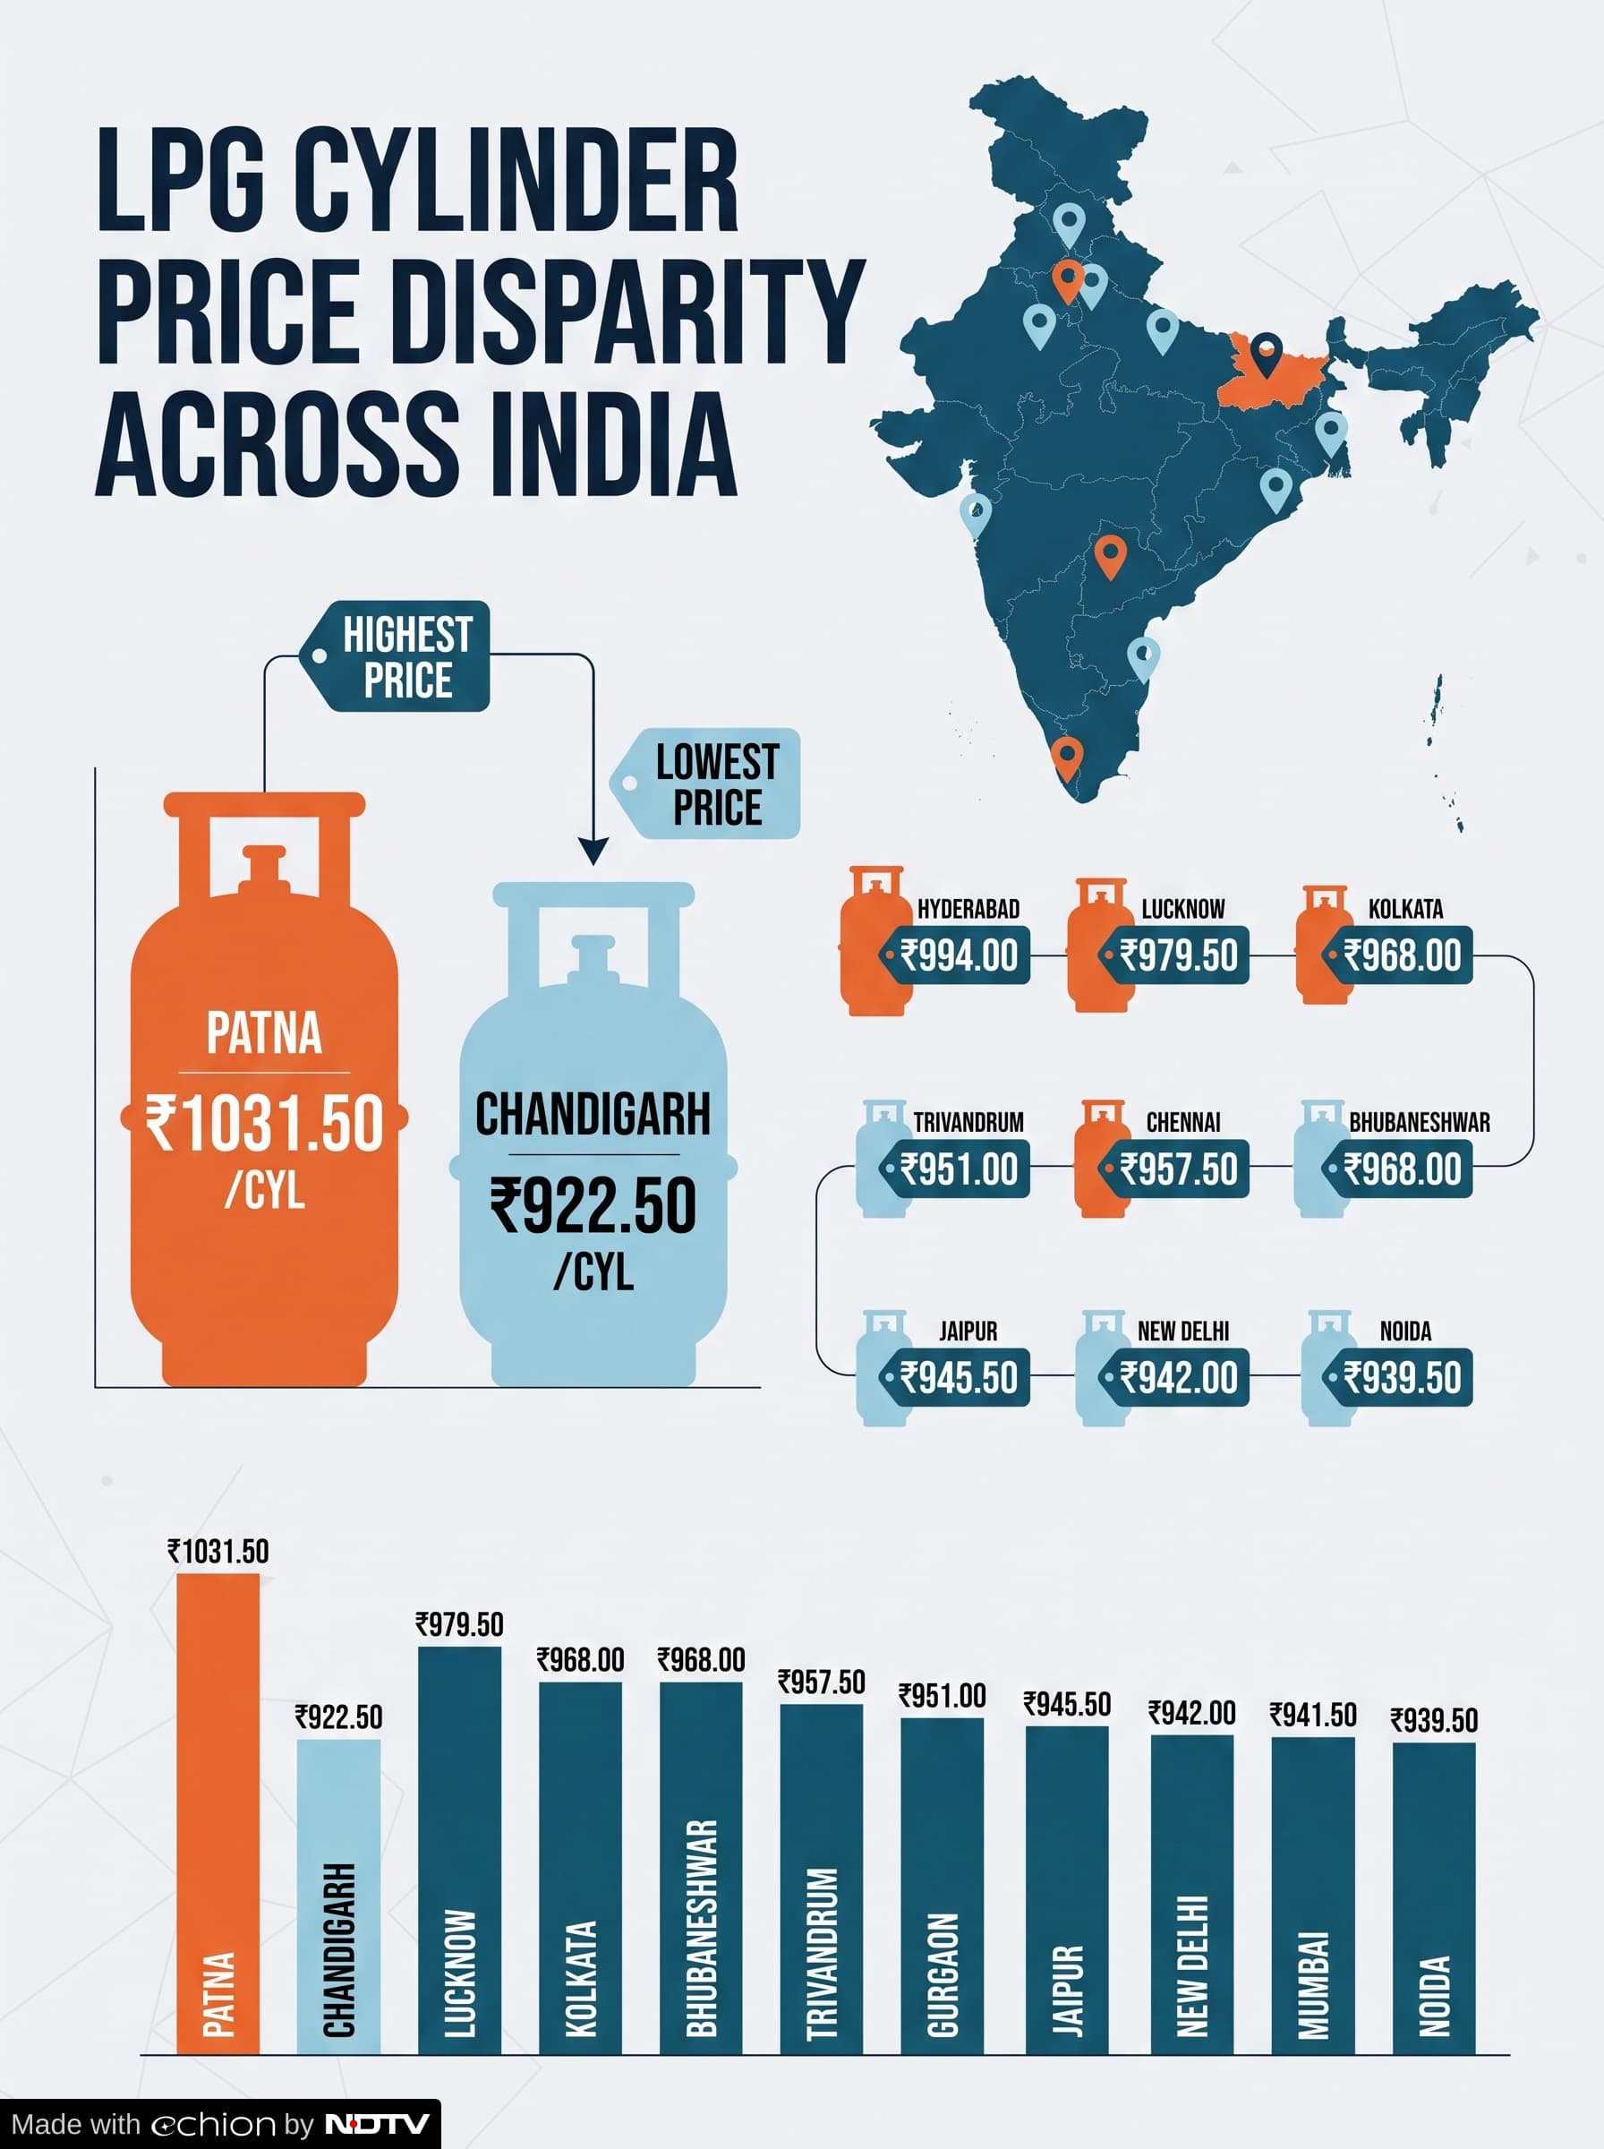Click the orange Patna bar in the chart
[x=218, y=1813]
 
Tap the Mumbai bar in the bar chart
[x=1313, y=1896]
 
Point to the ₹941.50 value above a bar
[x=1313, y=1715]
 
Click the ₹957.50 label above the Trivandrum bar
[x=822, y=1682]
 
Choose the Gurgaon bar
[x=942, y=1886]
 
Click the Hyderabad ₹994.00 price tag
[x=954, y=955]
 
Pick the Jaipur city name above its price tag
[x=968, y=1331]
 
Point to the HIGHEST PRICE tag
[x=394, y=656]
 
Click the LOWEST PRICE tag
[x=705, y=783]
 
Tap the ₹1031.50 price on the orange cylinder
[x=264, y=1124]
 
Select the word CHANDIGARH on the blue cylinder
[x=593, y=1114]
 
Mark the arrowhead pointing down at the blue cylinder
[x=593, y=851]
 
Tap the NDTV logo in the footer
[x=377, y=2124]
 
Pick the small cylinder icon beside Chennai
[x=1102, y=1158]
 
